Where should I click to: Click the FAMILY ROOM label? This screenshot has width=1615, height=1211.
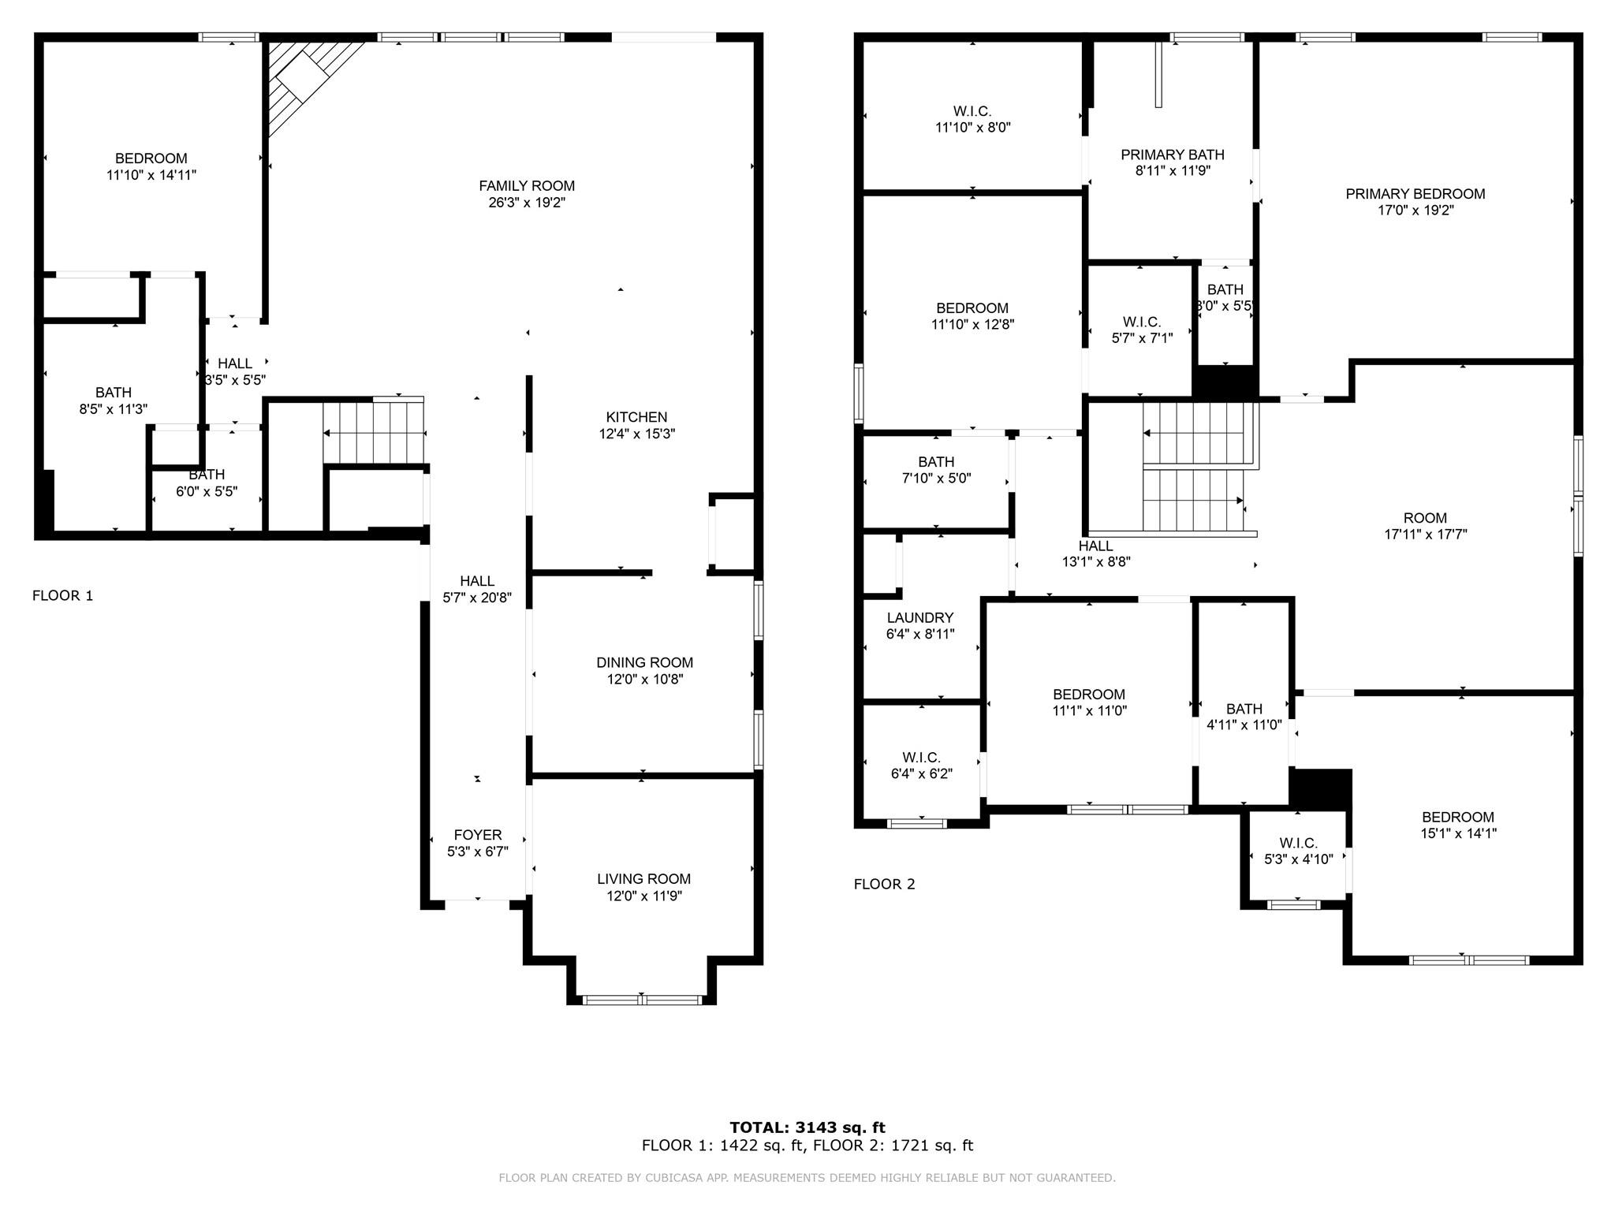coord(527,186)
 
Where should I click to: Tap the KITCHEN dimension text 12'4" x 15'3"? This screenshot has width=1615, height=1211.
coord(637,434)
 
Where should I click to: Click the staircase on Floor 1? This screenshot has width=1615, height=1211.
coord(375,434)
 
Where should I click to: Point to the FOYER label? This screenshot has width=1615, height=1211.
coord(478,835)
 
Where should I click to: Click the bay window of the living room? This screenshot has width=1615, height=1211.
coord(642,1000)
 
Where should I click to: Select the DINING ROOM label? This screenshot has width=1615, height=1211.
coord(644,663)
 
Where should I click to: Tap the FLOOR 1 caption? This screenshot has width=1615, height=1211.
coord(63,596)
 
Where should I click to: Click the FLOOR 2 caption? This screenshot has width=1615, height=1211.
coord(885,885)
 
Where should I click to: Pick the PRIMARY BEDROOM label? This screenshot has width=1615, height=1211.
coord(1415,194)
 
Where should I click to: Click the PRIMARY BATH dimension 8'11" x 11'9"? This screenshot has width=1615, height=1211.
coord(1173,170)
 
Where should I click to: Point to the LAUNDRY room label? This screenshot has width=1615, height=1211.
coord(920,618)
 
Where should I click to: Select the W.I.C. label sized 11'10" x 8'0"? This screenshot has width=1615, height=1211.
coord(972,112)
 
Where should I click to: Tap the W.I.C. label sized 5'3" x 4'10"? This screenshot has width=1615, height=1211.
coord(1299,844)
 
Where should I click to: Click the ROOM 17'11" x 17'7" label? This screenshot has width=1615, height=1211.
coord(1426,518)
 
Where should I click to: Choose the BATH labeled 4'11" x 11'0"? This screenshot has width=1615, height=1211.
coord(1244,709)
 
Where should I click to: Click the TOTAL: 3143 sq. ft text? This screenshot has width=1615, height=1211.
coord(807,1127)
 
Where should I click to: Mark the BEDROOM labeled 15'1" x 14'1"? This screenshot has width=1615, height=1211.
coord(1458,818)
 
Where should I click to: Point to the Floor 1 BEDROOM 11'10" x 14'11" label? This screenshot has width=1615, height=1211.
coord(151,158)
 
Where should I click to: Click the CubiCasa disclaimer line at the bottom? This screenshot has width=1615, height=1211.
coord(807,1178)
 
